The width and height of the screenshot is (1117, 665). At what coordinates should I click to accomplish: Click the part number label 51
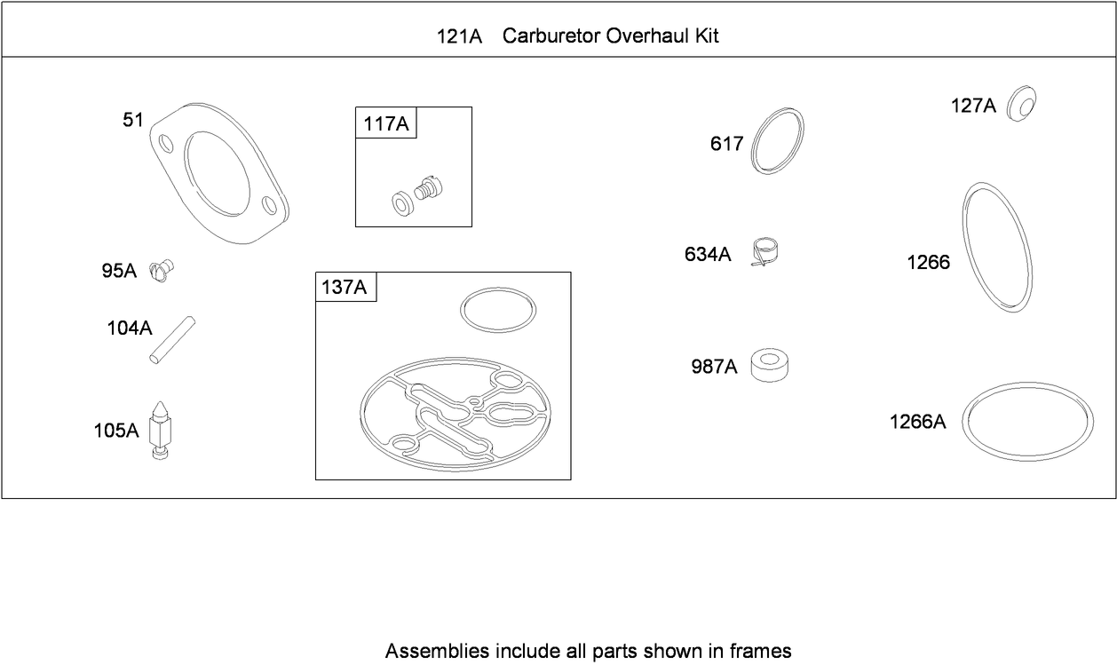point(133,120)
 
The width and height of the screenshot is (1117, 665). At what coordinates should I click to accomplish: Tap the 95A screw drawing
point(161,271)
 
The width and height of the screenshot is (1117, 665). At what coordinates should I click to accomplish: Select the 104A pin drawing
point(172,340)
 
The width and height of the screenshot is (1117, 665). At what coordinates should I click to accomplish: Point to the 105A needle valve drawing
point(160,431)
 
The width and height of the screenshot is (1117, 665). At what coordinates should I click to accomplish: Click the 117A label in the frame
point(386,123)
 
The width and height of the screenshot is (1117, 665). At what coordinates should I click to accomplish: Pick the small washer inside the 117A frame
point(402,204)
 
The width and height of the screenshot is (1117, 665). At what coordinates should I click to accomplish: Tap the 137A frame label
point(345,287)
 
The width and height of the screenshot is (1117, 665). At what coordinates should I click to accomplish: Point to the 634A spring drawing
point(764,252)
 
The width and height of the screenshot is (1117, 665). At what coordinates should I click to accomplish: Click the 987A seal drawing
point(770,366)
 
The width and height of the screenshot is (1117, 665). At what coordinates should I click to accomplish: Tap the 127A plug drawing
point(1021,104)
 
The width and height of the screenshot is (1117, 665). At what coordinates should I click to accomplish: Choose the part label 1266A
point(917,423)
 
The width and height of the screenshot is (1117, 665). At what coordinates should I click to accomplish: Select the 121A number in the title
point(459,36)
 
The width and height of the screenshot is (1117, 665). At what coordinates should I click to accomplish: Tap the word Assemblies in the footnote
point(437,651)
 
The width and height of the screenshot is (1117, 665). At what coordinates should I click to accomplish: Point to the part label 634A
point(708,254)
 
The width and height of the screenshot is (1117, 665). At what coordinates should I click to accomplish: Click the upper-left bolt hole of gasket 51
point(166,144)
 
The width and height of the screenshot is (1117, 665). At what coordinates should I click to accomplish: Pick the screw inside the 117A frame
point(428,188)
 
